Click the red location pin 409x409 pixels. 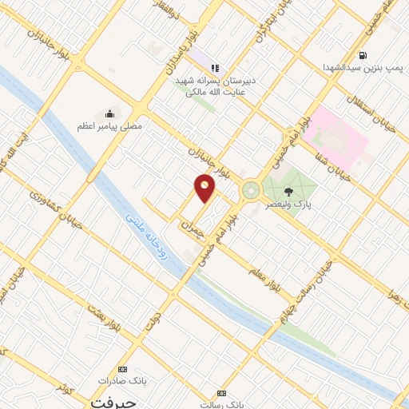(205, 188)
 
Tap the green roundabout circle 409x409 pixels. (251, 190)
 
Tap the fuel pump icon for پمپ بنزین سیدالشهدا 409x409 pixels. (364, 56)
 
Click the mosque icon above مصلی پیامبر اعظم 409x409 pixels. (109, 113)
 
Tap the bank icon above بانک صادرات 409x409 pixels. (122, 369)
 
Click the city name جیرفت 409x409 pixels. (109, 400)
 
